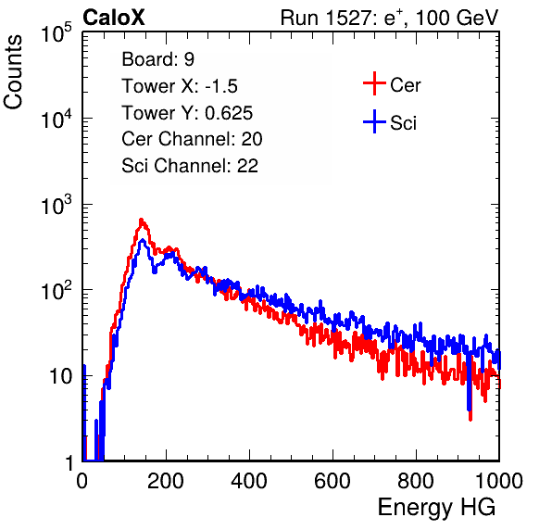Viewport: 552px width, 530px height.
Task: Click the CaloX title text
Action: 113,18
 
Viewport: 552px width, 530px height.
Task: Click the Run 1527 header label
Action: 389,18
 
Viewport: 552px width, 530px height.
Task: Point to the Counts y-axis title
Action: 13,72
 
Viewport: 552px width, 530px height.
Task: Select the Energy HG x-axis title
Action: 436,508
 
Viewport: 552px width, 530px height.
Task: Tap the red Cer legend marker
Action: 374,83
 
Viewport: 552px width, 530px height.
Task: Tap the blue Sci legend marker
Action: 374,121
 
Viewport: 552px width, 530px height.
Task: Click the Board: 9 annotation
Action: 157,59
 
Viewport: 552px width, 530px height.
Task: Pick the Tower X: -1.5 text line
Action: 180,86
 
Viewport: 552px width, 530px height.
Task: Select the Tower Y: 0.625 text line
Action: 187,113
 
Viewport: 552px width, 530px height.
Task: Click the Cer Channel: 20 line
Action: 192,139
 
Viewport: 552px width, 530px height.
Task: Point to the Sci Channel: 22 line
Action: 190,166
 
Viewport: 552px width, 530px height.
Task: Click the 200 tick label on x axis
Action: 166,481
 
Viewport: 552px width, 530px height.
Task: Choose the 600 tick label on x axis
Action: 332,481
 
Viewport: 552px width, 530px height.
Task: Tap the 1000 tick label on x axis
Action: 499,481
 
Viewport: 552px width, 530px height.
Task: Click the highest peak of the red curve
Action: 142,220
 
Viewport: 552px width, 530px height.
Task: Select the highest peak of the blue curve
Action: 143,240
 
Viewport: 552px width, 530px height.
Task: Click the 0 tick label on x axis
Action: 82,481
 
